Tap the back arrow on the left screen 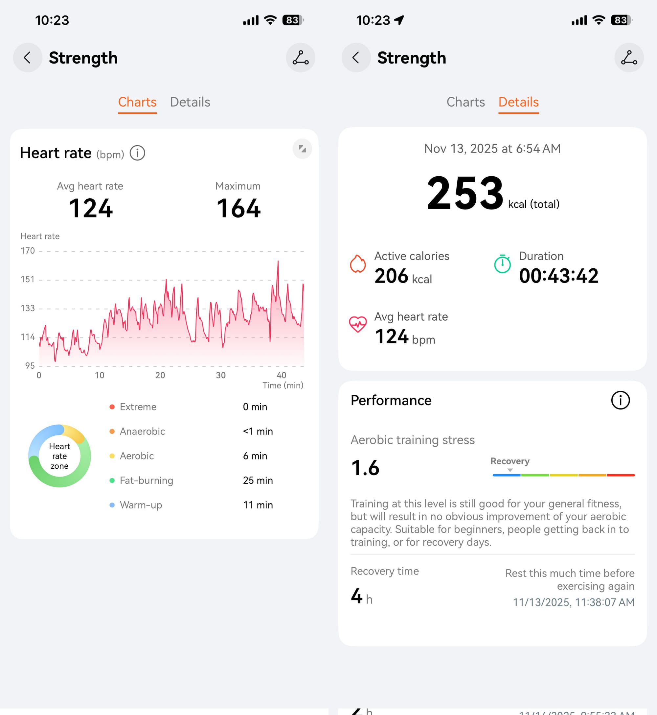(27, 58)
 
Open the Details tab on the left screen (190, 102)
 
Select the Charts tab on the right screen (465, 102)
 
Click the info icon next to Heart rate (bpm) (137, 153)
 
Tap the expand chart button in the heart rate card (302, 149)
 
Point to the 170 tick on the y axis (28, 251)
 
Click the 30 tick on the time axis (221, 375)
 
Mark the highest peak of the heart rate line (278, 261)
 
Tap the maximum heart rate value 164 (238, 208)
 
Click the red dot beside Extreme (112, 407)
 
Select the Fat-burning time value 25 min (258, 481)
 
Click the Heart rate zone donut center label (59, 456)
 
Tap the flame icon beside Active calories (358, 264)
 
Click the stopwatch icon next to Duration (502, 264)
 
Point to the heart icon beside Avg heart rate (358, 324)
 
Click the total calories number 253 (465, 193)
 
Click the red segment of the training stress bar (621, 475)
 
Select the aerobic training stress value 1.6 (365, 468)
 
